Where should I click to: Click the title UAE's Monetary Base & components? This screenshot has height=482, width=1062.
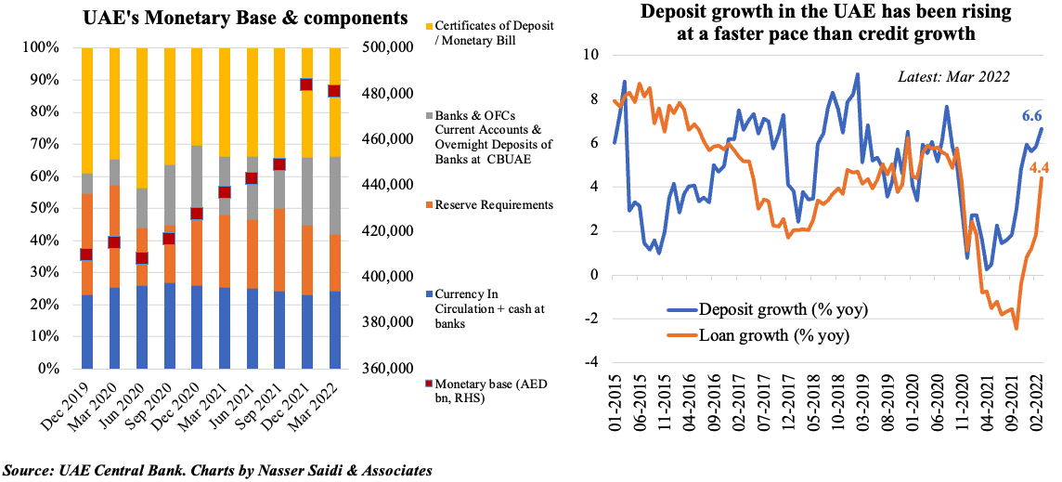[245, 18]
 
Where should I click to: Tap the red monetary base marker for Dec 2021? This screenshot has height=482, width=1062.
[304, 85]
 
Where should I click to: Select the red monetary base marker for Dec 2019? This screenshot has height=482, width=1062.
[86, 254]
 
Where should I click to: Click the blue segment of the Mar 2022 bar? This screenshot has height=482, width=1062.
[333, 330]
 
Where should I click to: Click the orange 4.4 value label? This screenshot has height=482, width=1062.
[1039, 168]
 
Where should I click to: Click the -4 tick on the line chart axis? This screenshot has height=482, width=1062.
[590, 362]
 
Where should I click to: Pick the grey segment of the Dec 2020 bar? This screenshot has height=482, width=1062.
[196, 183]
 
